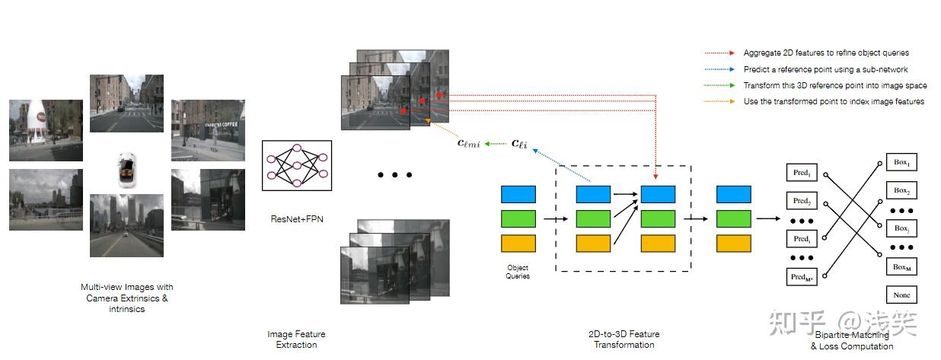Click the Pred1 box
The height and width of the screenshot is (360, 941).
pyautogui.click(x=801, y=173)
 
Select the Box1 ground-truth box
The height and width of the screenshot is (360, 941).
pyautogui.click(x=902, y=163)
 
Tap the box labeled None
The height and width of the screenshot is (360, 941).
pyautogui.click(x=902, y=295)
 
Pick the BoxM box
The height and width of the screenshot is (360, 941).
pyautogui.click(x=902, y=267)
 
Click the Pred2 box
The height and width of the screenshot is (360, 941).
pyautogui.click(x=801, y=201)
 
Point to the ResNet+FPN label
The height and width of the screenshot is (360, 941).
pyautogui.click(x=296, y=218)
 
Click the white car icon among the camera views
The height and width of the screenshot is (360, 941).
pyautogui.click(x=126, y=169)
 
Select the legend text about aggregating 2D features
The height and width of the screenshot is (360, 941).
pyautogui.click(x=826, y=53)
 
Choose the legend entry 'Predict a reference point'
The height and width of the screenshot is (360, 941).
pyautogui.click(x=815, y=70)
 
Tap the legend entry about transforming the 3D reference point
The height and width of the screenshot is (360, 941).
pyautogui.click(x=834, y=86)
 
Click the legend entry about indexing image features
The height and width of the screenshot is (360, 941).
pyautogui.click(x=834, y=102)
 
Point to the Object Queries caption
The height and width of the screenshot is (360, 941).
pyautogui.click(x=518, y=272)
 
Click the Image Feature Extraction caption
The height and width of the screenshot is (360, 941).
pyautogui.click(x=296, y=339)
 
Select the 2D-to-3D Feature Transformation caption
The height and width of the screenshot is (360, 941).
pyautogui.click(x=624, y=339)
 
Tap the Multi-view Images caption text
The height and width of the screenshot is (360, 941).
pyautogui.click(x=126, y=298)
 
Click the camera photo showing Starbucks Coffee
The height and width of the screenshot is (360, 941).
pyautogui.click(x=207, y=130)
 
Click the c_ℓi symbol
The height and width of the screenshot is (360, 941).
pyautogui.click(x=519, y=142)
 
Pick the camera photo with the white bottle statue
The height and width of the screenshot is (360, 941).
pyautogui.click(x=46, y=130)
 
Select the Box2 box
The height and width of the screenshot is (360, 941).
pyautogui.click(x=902, y=190)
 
